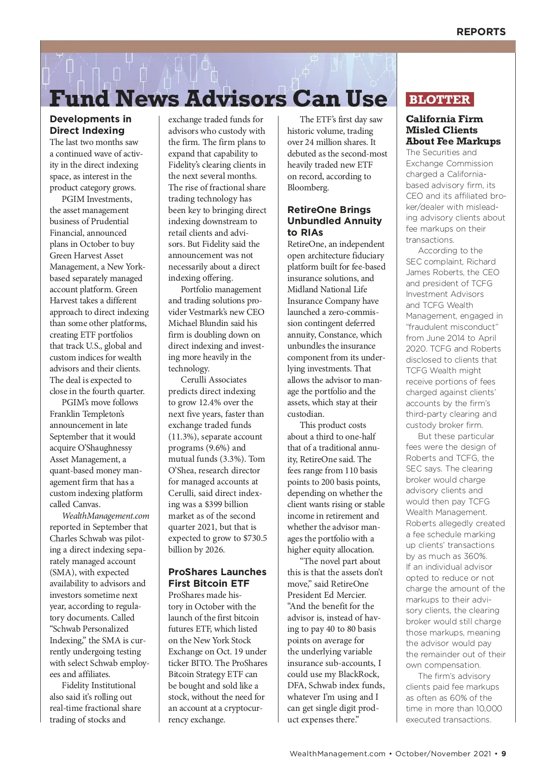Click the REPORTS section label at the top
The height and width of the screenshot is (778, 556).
tap(481, 32)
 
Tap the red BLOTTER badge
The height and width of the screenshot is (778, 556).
tap(439, 100)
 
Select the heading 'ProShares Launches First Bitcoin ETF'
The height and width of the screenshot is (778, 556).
tap(217, 577)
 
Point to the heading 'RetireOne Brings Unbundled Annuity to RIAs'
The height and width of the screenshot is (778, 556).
tap(335, 221)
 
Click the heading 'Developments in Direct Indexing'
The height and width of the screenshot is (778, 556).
tap(91, 125)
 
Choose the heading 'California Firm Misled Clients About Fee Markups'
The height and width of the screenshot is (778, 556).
tap(453, 130)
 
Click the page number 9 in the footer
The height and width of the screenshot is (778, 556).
tap(504, 753)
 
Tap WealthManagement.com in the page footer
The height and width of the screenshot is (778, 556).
tap(337, 753)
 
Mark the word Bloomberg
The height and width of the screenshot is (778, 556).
tap(308, 188)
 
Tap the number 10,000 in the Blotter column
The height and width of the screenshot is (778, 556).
tap(487, 709)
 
